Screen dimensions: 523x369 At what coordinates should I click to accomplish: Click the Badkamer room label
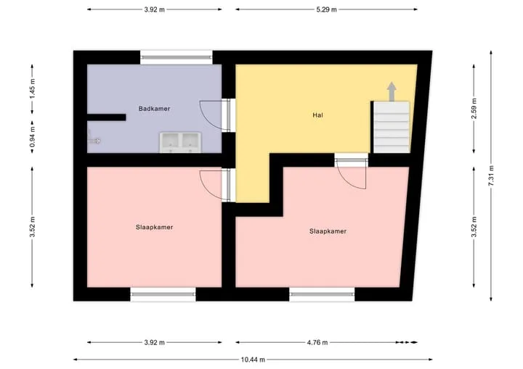pos(154,109)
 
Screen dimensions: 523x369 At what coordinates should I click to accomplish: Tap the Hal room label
pos(317,115)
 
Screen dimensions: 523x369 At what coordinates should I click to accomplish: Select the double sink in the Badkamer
pos(180,143)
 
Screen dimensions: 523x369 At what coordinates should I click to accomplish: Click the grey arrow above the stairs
pos(392,91)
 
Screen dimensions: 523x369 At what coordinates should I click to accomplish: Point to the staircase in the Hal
pos(392,127)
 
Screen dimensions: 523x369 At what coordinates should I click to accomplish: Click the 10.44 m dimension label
pos(253,360)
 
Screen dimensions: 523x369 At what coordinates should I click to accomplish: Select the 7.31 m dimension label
pos(491,175)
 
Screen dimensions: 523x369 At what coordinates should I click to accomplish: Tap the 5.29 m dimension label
pos(326,9)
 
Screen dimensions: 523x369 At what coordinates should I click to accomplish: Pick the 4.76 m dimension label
pos(317,342)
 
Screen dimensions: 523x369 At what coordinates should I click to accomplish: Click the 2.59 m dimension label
pos(474,108)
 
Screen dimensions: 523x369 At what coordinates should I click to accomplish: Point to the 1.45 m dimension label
pos(33,88)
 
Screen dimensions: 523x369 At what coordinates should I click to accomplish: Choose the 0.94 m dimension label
pos(33,137)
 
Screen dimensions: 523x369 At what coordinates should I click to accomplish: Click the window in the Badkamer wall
pos(176,57)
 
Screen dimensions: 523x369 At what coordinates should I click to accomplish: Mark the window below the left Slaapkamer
pos(163,294)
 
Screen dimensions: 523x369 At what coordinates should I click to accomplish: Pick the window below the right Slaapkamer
pos(322,294)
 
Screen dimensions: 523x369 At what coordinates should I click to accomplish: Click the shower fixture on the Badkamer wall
pos(93,137)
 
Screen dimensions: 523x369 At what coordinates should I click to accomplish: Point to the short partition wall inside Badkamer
pos(106,117)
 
